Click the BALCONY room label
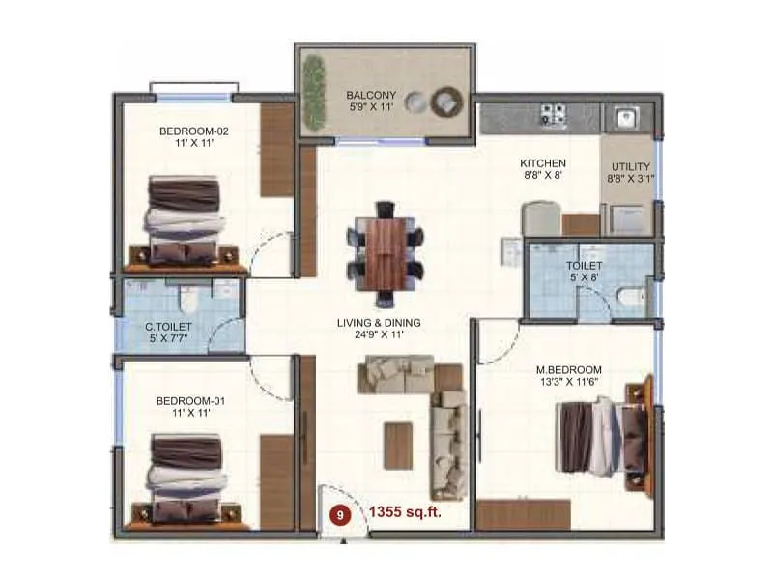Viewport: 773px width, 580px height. pos(366,95)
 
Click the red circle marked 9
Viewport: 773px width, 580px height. pos(340,515)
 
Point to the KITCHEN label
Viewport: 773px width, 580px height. pos(543,163)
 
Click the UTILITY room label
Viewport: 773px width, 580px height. pos(629,165)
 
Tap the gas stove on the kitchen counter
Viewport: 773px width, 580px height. pos(554,114)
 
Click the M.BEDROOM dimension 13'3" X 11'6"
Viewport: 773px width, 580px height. pos(569,383)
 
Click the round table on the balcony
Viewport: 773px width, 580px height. pos(449,99)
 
